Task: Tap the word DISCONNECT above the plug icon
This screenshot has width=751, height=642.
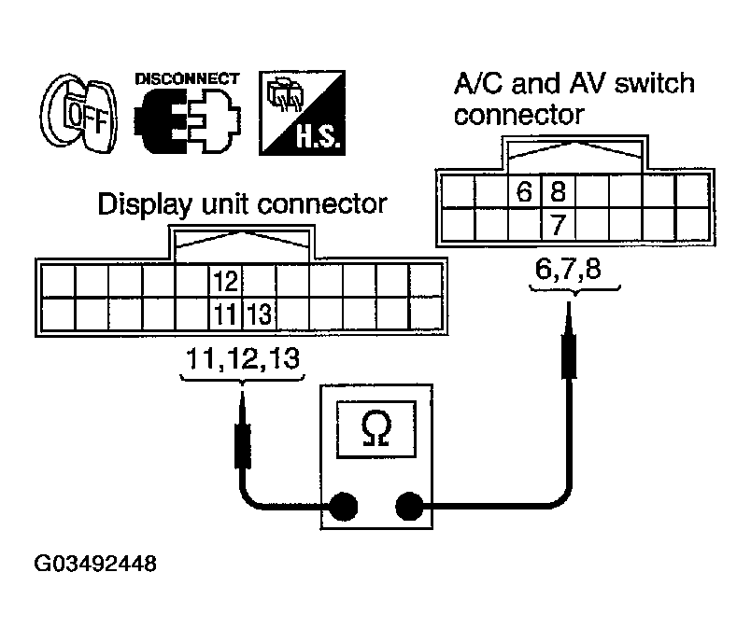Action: click(187, 78)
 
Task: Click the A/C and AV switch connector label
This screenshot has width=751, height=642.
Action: click(574, 99)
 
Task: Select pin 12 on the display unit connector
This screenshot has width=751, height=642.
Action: click(224, 281)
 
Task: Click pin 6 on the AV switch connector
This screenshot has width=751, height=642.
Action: click(525, 193)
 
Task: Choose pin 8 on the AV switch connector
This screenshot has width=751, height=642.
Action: click(559, 193)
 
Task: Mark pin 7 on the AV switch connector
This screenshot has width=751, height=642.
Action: click(559, 225)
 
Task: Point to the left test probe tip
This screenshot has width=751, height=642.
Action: click(243, 406)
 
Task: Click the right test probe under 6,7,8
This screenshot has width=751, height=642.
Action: click(568, 345)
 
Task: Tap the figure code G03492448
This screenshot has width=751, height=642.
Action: click(95, 565)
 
